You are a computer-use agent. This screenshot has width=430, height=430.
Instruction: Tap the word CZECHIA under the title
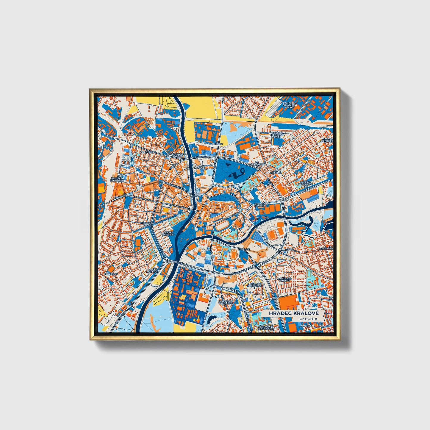point(308,319)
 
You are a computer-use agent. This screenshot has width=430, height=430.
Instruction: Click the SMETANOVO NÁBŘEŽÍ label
point(178,155)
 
